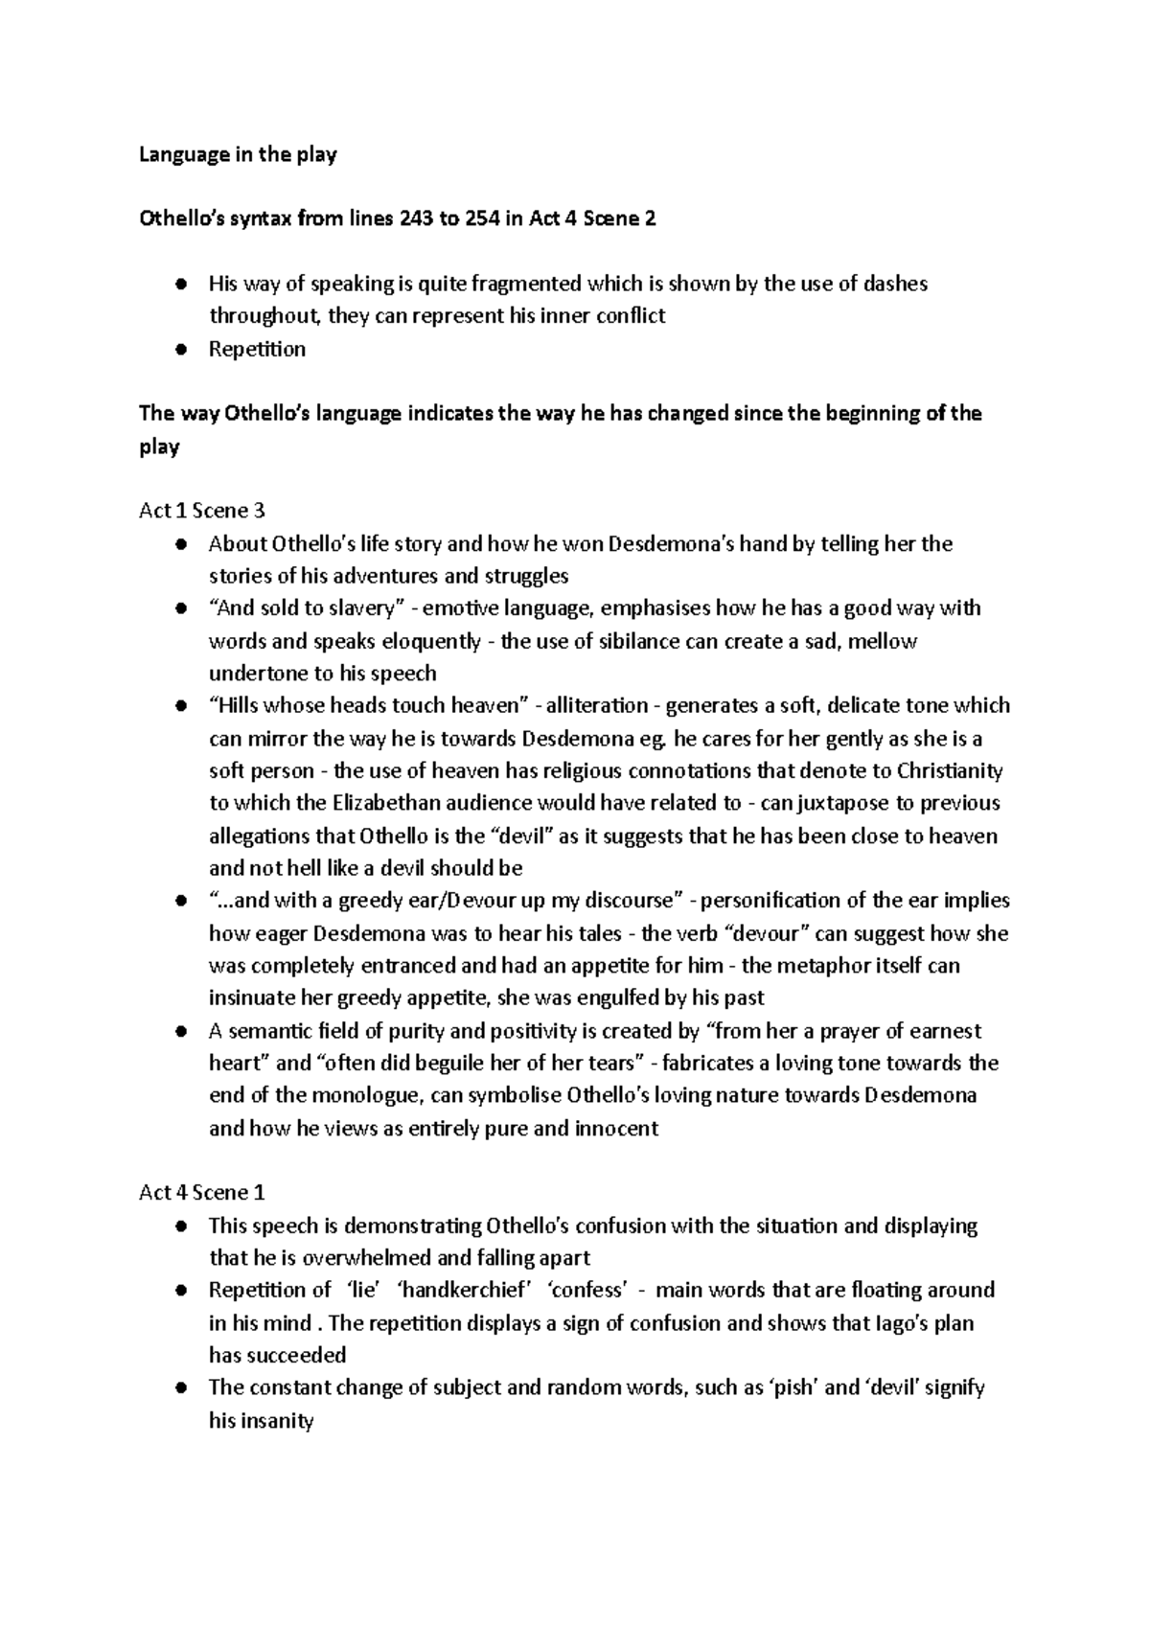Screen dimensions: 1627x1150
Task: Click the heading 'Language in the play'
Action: [x=238, y=154]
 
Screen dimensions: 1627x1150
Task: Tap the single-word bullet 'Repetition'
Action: [x=257, y=349]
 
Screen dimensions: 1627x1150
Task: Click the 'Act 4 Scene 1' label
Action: [x=201, y=1193]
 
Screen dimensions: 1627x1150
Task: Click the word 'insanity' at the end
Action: [x=262, y=1420]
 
